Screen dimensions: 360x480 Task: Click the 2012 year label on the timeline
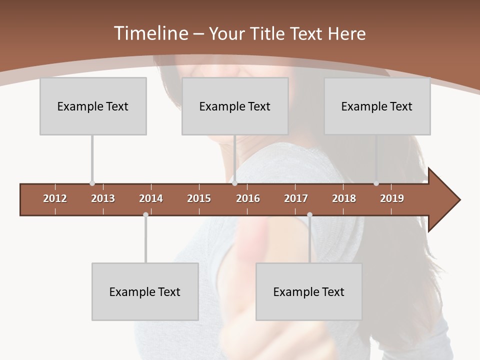coord(55,198)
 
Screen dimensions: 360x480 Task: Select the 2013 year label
coord(103,198)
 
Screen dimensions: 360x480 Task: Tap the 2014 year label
coord(151,198)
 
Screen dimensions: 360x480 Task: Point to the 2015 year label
coord(199,198)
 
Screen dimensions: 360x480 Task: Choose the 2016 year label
coord(248,198)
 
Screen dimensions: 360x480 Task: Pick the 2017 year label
coord(296,198)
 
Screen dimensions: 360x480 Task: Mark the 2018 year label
coord(344,198)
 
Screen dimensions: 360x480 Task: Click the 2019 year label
coord(392,198)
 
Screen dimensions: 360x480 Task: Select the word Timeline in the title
coord(149,33)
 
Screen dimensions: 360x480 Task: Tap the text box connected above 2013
coord(93,106)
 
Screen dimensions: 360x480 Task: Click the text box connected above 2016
coord(235,106)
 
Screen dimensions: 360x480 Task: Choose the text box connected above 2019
coord(377,106)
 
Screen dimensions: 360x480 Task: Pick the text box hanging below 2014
coord(145,291)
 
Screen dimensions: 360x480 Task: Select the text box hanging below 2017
coord(309,291)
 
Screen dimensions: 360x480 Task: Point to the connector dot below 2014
coord(145,214)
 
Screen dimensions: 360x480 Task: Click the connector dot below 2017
coord(309,214)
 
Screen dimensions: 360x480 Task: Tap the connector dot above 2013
coord(92,183)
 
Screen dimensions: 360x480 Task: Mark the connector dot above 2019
coord(376,183)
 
